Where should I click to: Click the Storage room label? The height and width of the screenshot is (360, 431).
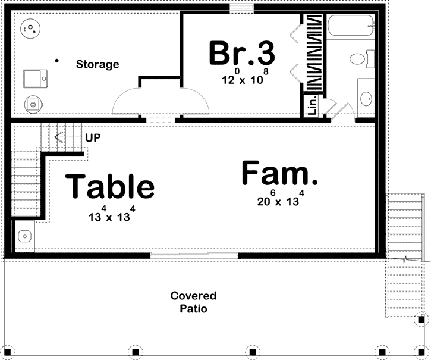click(97, 64)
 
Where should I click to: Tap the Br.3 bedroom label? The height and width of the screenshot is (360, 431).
click(242, 53)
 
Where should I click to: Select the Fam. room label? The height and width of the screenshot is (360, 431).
click(279, 173)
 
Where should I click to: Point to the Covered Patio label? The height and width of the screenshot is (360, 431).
click(194, 302)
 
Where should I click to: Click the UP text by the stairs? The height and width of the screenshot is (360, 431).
click(93, 137)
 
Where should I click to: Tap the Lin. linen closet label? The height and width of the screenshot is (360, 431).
click(313, 105)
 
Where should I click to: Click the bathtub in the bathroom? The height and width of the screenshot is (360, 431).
click(351, 26)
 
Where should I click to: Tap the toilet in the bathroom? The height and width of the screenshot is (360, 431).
click(361, 59)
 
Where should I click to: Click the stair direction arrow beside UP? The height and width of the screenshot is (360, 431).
click(68, 137)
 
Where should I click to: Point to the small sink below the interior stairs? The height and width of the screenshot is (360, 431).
click(25, 236)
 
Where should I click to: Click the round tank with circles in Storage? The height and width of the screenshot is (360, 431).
click(31, 29)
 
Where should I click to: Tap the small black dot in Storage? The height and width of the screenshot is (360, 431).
click(57, 61)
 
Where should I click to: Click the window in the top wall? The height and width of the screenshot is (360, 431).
click(241, 8)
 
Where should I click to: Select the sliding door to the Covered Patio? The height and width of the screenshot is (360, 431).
click(194, 256)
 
